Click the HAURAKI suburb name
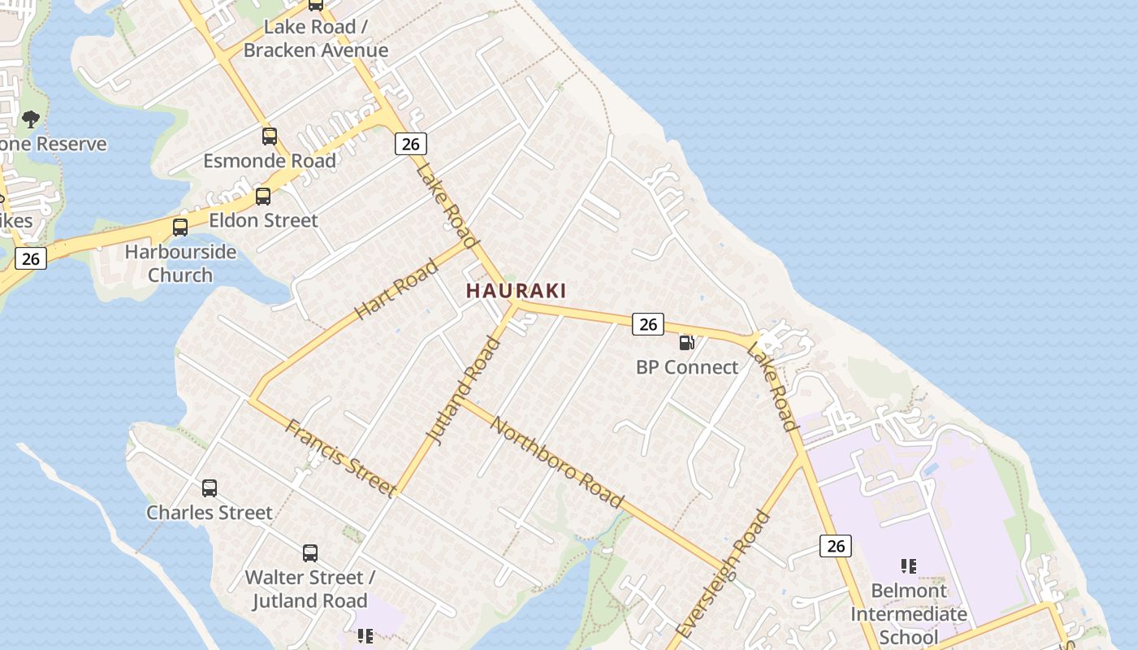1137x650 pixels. pyautogui.click(x=516, y=290)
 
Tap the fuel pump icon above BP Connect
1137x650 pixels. pyautogui.click(x=687, y=343)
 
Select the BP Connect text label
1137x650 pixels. pyautogui.click(x=687, y=367)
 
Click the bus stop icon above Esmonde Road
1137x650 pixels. pyautogui.click(x=270, y=136)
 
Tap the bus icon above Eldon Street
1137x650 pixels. pyautogui.click(x=263, y=196)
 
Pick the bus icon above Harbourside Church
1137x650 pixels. pyautogui.click(x=180, y=227)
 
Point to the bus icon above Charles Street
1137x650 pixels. pyautogui.click(x=210, y=488)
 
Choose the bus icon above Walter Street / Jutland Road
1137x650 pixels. pyautogui.click(x=310, y=553)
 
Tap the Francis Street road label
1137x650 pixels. pyautogui.click(x=340, y=456)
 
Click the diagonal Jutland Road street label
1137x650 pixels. pyautogui.click(x=464, y=392)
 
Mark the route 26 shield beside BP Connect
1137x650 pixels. pyautogui.click(x=647, y=324)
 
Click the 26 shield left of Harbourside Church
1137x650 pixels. pyautogui.click(x=31, y=259)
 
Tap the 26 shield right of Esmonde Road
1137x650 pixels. pyautogui.click(x=411, y=144)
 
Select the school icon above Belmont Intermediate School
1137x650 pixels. pyautogui.click(x=909, y=565)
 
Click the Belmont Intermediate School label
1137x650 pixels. pyautogui.click(x=909, y=613)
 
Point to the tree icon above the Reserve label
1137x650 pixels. pyautogui.click(x=31, y=119)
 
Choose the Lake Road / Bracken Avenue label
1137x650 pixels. pyautogui.click(x=316, y=38)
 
